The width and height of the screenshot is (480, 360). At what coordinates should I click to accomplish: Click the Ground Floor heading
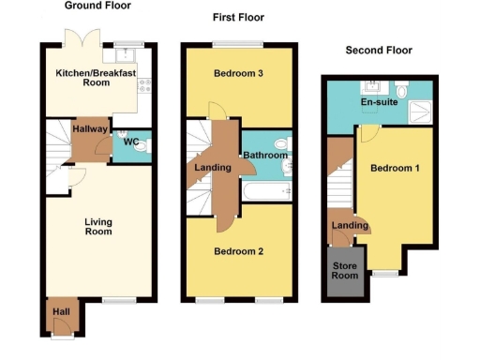click(x=97, y=6)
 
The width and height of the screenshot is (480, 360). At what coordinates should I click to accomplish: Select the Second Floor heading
click(x=379, y=50)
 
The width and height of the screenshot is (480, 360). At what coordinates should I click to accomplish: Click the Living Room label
click(x=98, y=228)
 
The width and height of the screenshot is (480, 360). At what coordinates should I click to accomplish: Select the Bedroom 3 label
click(x=238, y=74)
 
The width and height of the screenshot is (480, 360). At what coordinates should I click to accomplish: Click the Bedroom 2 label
click(x=238, y=251)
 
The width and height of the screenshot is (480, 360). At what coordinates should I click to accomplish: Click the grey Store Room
click(x=344, y=271)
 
